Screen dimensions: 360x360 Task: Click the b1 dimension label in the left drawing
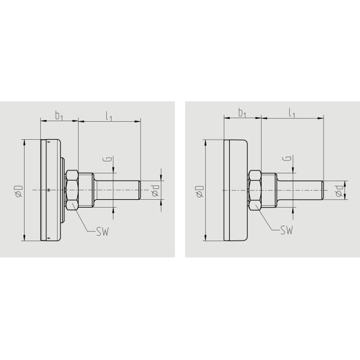point(59,115)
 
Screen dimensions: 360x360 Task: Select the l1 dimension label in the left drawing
point(109,115)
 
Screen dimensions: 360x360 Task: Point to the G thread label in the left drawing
point(106,159)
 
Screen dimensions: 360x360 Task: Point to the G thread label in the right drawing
point(289,159)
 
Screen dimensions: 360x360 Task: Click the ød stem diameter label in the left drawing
point(155,190)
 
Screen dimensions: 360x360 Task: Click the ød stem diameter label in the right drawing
point(339,190)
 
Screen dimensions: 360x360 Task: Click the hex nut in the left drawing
point(72,190)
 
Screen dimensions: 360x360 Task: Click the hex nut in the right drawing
point(255,190)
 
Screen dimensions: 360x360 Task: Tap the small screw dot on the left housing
point(48,190)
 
